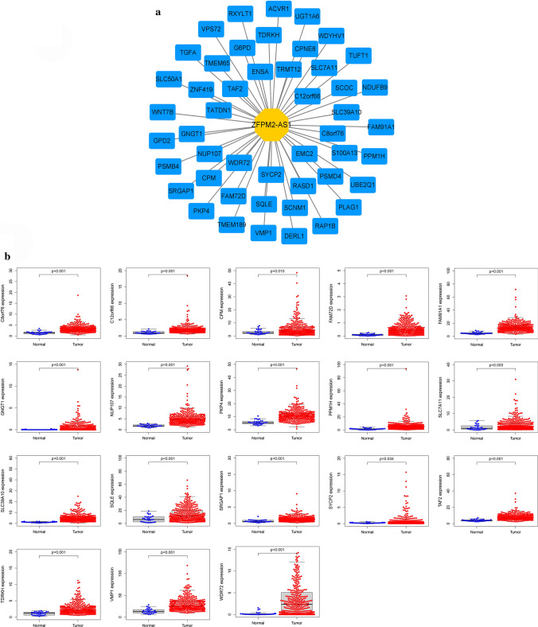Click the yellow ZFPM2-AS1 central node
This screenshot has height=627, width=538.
coord(270,125)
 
